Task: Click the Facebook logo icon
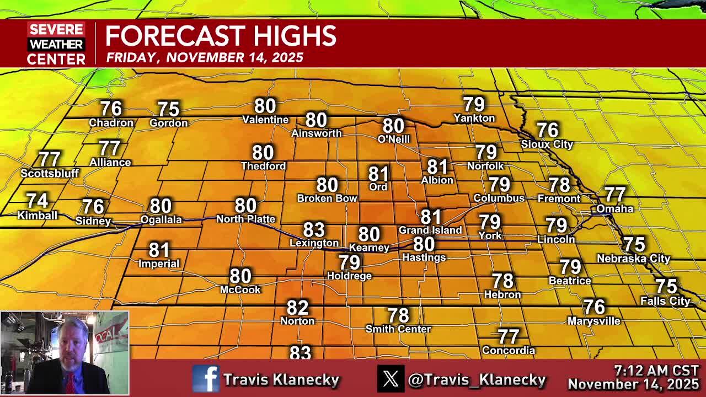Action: [x=206, y=379]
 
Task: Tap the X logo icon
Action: [x=391, y=379]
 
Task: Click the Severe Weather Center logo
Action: [x=56, y=44]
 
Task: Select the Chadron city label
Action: [x=111, y=123]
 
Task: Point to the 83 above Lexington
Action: [x=314, y=229]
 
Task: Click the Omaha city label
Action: [x=614, y=209]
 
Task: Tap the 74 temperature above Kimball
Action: [x=37, y=201]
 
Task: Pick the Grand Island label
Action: [x=430, y=230]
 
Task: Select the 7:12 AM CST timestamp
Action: [x=656, y=371]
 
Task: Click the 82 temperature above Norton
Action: [x=297, y=307]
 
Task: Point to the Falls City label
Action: [x=665, y=301]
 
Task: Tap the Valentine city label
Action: [x=265, y=120]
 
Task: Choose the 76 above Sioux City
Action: [x=547, y=130]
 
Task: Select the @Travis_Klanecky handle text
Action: [x=477, y=379]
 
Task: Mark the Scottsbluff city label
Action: [x=50, y=173]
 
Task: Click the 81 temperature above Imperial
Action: [x=159, y=250]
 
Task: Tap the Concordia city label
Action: [x=508, y=350]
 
